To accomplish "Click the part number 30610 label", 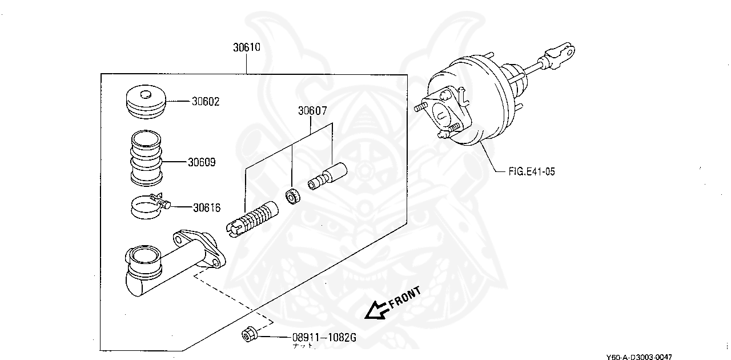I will click(246, 47).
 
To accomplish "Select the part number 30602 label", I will click(206, 102).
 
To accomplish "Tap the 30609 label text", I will click(202, 162).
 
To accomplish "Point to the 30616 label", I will click(206, 208).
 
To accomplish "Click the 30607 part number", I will click(311, 111).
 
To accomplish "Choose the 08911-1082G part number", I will click(324, 338).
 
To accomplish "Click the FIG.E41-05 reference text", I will click(531, 171).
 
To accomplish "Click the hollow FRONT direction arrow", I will click(376, 310).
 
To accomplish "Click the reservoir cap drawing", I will click(146, 103).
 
